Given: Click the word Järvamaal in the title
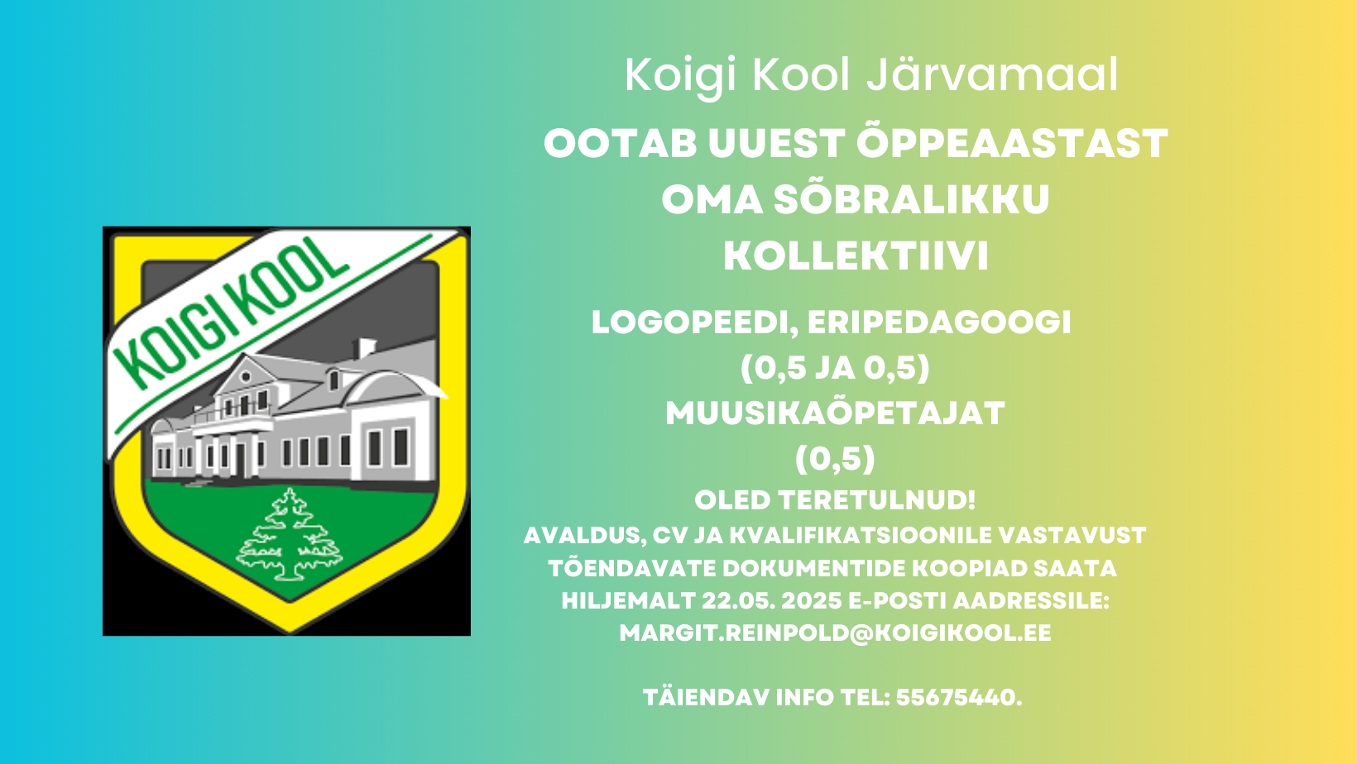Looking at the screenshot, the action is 992,75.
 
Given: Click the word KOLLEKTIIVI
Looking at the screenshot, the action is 856,255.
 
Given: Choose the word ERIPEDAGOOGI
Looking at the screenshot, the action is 939,322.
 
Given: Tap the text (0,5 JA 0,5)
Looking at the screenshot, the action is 835,367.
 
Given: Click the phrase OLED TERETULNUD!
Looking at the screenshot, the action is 835,501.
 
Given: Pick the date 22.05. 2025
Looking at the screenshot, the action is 772,600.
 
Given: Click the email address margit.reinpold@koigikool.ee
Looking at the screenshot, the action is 835,633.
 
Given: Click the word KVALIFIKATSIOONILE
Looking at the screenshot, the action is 860,536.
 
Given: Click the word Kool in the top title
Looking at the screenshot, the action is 801,75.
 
